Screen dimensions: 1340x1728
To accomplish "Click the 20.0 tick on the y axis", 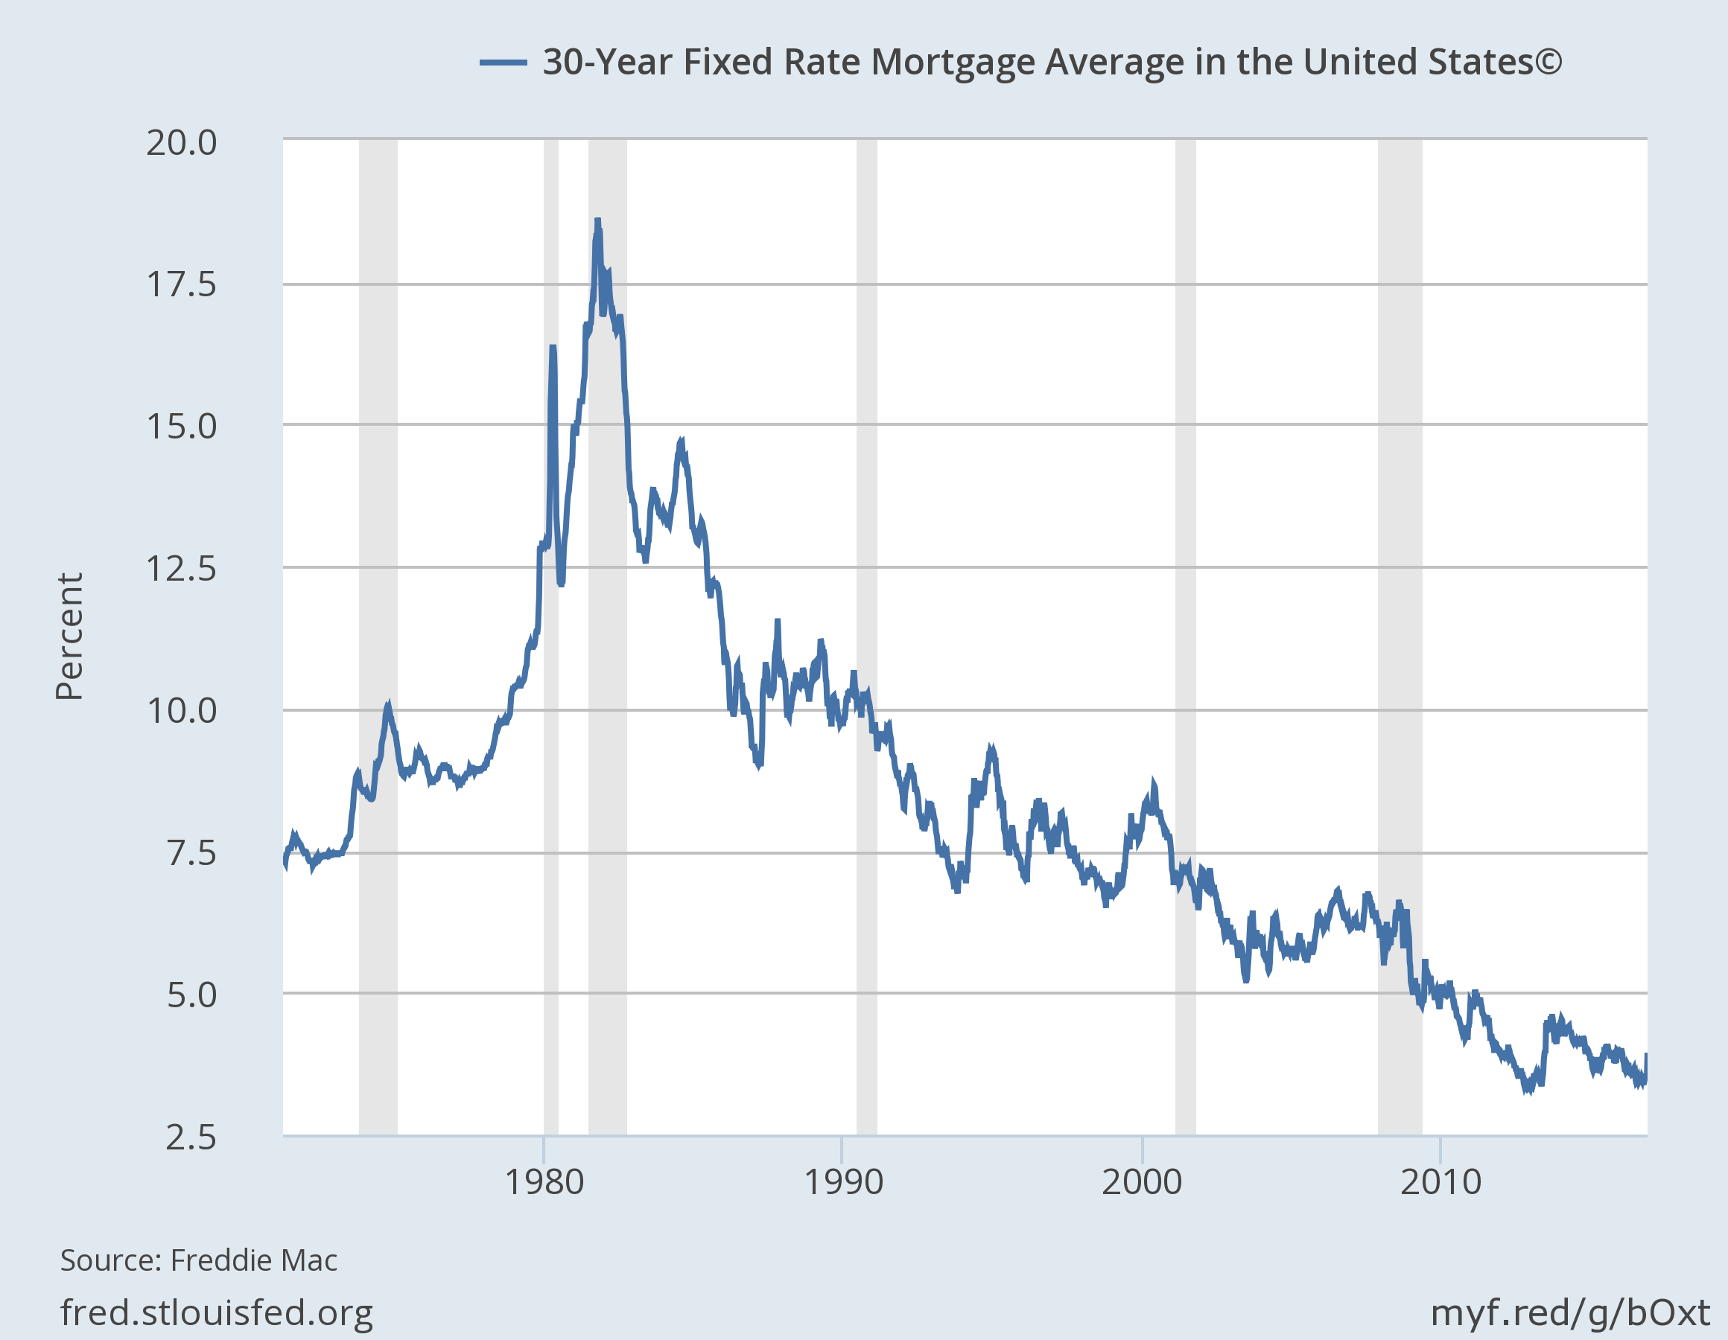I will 181,143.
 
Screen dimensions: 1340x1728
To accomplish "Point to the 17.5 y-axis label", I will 181,285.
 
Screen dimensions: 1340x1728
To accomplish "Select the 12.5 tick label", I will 181,569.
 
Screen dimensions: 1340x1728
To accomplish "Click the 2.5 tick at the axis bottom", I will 191,1138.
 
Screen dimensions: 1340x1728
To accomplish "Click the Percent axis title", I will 69,636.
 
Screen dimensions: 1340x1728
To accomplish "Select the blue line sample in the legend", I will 504,63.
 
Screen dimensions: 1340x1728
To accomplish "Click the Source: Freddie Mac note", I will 199,1260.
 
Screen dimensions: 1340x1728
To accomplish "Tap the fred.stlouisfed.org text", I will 216,1312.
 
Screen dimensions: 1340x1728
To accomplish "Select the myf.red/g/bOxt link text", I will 1570,1312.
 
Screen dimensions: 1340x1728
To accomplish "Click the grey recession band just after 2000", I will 1185,633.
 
